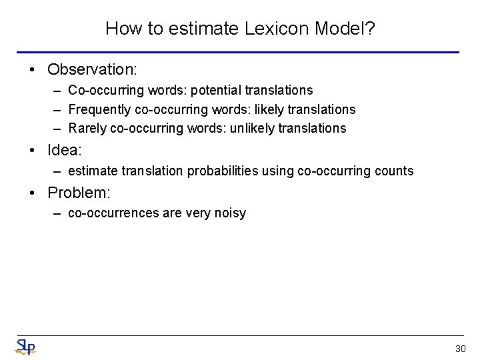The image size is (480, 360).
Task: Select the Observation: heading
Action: (92, 69)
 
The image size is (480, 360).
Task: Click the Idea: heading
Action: (65, 151)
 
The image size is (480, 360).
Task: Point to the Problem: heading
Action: (79, 193)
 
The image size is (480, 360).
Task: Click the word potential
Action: (217, 90)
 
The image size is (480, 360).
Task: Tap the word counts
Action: (395, 171)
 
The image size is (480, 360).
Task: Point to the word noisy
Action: (231, 213)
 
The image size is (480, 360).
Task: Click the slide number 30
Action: (460, 349)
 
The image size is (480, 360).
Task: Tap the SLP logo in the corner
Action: (25, 346)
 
